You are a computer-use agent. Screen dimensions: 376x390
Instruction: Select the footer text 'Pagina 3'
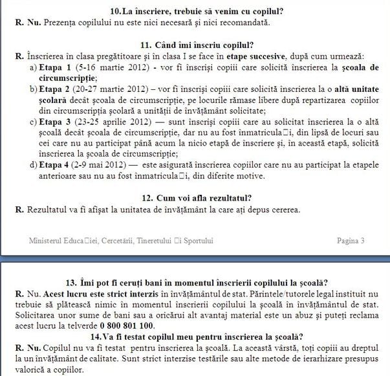click(x=351, y=241)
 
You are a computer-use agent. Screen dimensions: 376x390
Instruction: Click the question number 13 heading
click(x=194, y=282)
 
